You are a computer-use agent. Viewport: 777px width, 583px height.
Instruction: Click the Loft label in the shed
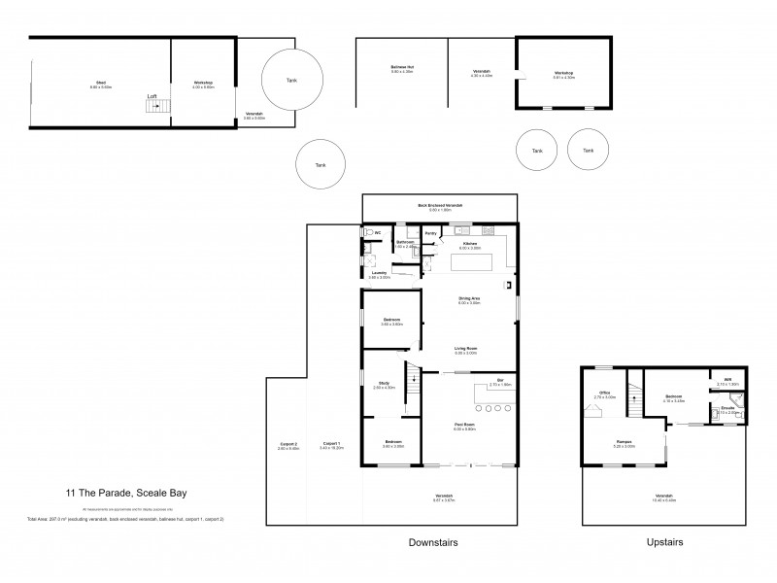152,95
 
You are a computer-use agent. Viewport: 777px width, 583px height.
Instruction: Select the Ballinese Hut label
402,68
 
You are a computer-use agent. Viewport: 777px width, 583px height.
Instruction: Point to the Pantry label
431,233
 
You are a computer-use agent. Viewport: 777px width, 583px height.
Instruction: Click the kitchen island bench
470,262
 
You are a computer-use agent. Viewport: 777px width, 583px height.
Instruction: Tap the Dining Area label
469,298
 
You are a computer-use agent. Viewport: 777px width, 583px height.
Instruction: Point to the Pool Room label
464,425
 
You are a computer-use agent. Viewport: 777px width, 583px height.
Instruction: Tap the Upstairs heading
664,542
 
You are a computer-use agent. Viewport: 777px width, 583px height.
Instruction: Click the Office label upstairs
602,393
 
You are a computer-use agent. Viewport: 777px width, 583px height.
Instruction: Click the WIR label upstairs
726,379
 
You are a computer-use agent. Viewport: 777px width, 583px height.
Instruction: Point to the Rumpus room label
624,443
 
